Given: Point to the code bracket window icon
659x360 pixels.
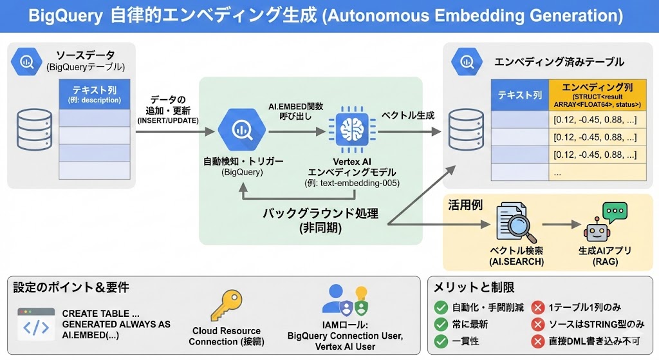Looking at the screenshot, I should click(36, 323).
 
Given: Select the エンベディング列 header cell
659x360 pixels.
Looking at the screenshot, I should click(596, 95).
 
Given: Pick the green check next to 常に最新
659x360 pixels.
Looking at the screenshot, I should click(441, 324).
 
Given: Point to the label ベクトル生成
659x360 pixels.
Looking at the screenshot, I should click(408, 116).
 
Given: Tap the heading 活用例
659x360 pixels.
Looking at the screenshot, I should click(465, 205).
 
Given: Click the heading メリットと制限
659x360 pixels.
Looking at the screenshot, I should click(474, 288).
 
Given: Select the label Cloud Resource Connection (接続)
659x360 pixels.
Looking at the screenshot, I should click(226, 336).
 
